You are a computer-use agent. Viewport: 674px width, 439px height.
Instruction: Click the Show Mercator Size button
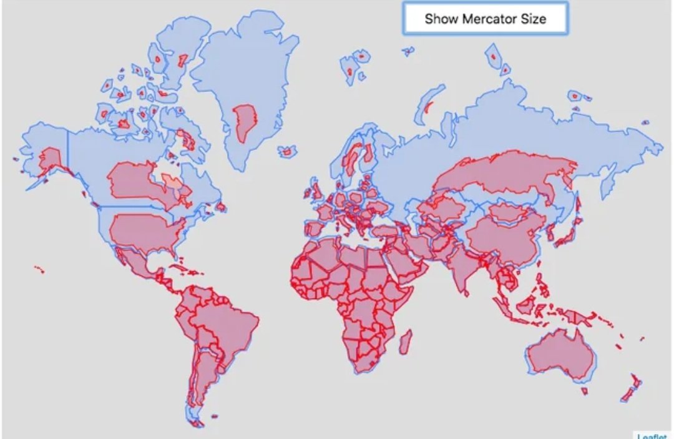pyautogui.click(x=486, y=19)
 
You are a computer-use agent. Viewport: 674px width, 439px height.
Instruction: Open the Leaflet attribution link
pyautogui.click(x=652, y=435)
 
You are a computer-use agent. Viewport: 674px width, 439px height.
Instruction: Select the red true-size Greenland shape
pyautogui.click(x=243, y=122)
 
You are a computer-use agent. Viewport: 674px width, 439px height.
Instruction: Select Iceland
pyautogui.click(x=288, y=152)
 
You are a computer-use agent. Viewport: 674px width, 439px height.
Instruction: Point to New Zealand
pyautogui.click(x=630, y=388)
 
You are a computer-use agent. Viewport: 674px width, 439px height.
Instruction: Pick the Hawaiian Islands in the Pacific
pyautogui.click(x=39, y=269)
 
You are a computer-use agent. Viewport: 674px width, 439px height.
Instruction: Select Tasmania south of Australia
pyautogui.click(x=584, y=391)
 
